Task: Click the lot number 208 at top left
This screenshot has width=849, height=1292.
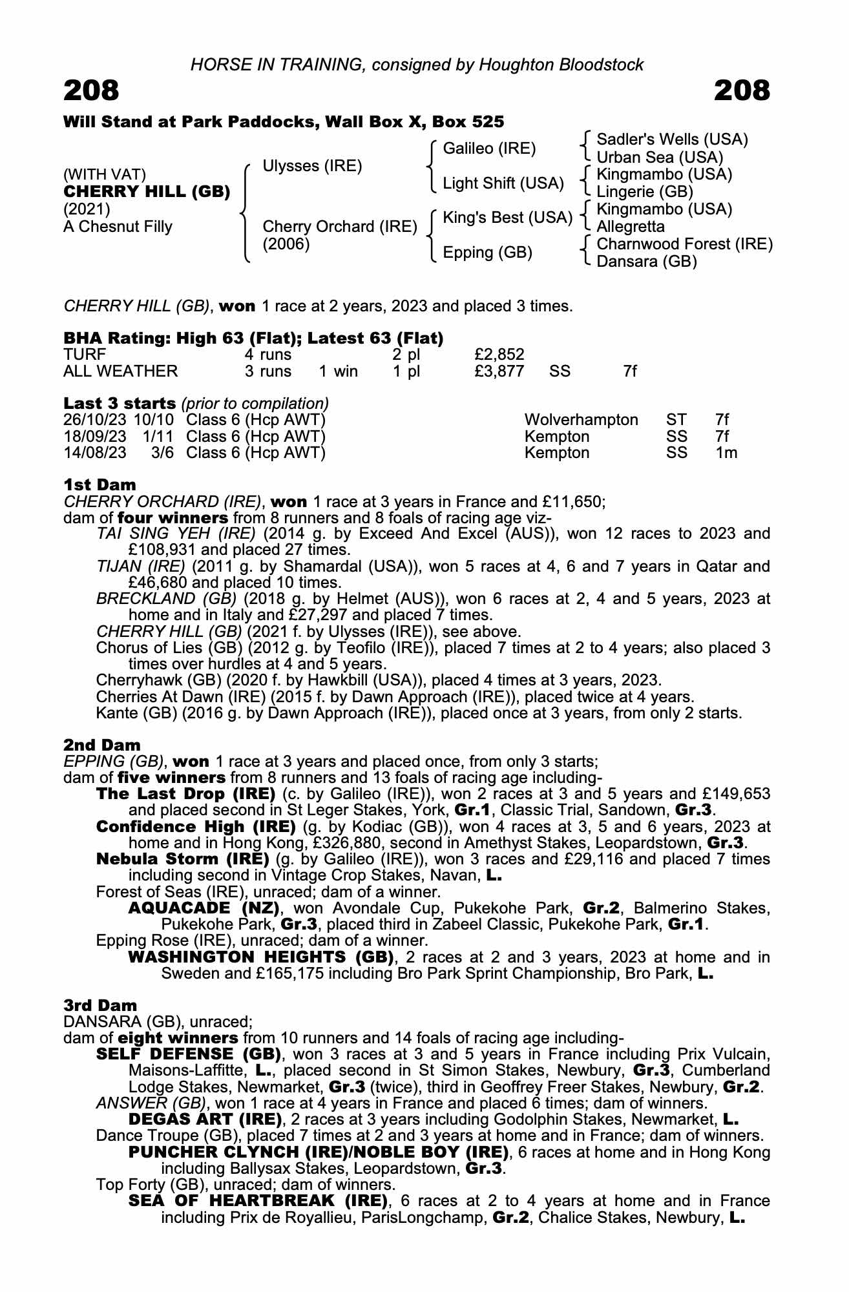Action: point(91,91)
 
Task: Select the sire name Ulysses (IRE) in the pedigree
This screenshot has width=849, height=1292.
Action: point(312,166)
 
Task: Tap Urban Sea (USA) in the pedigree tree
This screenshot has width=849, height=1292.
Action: point(659,157)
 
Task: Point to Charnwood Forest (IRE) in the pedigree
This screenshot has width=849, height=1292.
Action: point(684,244)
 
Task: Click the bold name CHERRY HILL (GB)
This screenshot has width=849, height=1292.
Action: point(147,192)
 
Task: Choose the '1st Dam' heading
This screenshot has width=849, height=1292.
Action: point(100,484)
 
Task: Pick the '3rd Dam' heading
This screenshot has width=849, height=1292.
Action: point(100,1005)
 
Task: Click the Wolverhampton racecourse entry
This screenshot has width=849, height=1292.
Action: point(581,420)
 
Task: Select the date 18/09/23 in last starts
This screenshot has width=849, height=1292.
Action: point(95,436)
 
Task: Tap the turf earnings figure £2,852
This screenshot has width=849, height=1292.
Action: point(499,354)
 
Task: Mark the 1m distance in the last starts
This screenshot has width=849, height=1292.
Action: point(726,453)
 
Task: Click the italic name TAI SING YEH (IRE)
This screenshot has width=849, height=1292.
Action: point(176,534)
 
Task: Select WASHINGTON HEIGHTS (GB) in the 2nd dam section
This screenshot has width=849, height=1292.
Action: point(261,957)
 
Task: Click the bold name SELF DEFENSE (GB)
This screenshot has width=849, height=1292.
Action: point(187,1054)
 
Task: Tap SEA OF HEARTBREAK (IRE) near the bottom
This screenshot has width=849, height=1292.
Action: point(258,1201)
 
